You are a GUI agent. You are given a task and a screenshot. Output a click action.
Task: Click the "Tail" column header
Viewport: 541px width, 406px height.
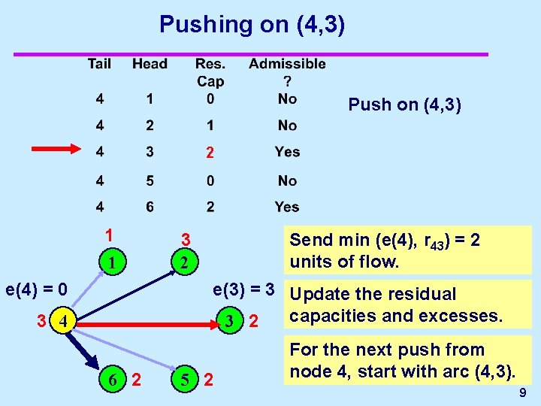pos(99,64)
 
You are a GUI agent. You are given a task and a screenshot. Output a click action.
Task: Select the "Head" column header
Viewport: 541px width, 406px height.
pos(150,64)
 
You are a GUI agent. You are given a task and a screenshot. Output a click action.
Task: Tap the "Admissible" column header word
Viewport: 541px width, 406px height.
pos(287,64)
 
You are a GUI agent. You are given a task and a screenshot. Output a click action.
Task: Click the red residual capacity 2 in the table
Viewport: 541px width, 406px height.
pos(210,153)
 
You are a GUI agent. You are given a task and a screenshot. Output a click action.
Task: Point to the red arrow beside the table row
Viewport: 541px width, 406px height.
pos(56,150)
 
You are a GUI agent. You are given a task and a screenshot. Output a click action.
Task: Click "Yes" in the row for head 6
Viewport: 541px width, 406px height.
pos(287,207)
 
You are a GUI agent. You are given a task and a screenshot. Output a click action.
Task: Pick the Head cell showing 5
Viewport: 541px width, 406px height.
pos(150,180)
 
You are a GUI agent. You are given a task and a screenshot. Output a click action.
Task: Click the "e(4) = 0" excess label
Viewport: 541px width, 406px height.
pos(37,289)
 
